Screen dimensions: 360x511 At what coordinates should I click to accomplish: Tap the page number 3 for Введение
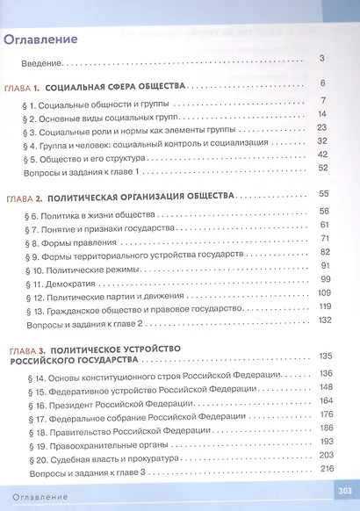(323, 59)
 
